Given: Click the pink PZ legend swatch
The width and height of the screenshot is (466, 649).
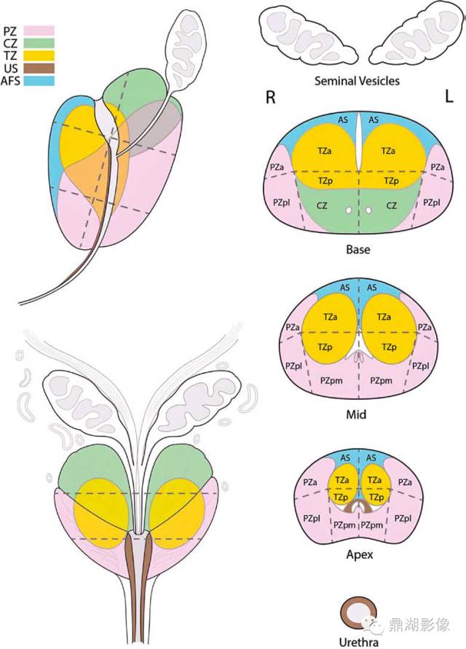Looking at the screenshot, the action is coord(39,30).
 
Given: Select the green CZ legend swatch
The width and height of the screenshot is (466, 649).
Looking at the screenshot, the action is coord(39,43).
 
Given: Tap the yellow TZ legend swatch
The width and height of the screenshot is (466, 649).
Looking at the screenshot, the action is coord(39,55).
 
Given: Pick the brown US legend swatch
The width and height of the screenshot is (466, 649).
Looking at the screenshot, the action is coord(39,68).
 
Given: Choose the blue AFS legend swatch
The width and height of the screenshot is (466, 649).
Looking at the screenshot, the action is coord(39,81).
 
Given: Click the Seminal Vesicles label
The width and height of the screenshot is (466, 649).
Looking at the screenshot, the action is coord(357,81).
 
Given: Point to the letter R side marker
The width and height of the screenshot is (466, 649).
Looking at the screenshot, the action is coord(270,98).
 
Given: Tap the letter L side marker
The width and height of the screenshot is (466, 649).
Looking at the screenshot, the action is coord(449,97).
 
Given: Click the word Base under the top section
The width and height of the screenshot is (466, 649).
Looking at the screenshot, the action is coord(358,250).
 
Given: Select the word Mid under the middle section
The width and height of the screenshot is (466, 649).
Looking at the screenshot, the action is coord(356,414).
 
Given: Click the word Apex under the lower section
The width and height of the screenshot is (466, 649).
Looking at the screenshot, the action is coord(359,554).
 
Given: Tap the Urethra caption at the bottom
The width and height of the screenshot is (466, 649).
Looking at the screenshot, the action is coord(358,642).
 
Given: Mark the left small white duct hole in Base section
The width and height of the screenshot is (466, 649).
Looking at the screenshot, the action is coord(349,211).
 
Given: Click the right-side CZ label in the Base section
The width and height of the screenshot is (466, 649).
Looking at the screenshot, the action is coord(391,205).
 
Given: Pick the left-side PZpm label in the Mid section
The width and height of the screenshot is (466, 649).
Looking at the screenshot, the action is coord(331,380).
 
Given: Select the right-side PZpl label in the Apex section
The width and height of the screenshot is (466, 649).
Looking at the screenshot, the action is coord(403,518).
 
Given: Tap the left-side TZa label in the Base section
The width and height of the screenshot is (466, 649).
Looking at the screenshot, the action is coord(325,152).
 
